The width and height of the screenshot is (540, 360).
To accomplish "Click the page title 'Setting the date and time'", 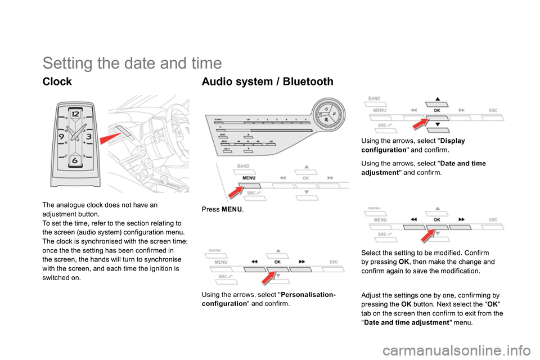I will tap(132, 62).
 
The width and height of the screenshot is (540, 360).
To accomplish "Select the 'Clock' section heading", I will tap(57, 82).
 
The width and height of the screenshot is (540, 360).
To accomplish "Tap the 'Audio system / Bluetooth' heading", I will tap(267, 82).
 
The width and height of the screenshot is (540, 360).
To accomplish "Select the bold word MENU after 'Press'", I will tap(232, 209).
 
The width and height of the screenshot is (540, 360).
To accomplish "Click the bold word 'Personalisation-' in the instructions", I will tap(308, 294).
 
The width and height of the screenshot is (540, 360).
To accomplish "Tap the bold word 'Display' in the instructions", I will tap(452, 140).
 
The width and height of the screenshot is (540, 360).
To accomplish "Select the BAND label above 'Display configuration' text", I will tap(375, 98).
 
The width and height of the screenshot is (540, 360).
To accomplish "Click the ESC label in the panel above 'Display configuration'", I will tap(493, 110).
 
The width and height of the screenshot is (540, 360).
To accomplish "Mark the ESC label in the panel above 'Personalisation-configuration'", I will tap(333, 262).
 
